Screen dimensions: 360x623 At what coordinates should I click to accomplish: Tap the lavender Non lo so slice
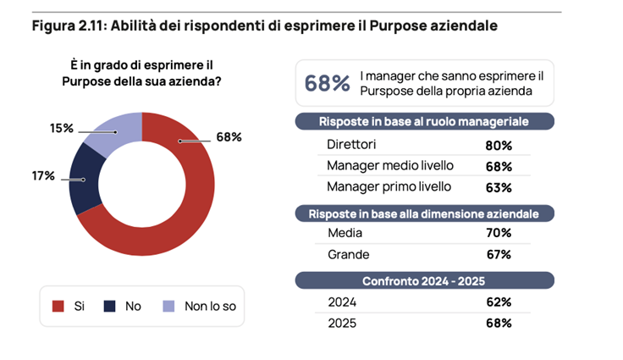pyautogui.click(x=114, y=131)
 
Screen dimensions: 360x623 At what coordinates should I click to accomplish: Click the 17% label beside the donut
pyautogui.click(x=43, y=176)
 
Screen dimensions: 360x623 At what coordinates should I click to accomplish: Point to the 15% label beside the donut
pyautogui.click(x=61, y=128)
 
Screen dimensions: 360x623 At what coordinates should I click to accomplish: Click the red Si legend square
pyautogui.click(x=58, y=306)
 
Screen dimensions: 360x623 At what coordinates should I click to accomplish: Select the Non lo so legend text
pyautogui.click(x=210, y=306)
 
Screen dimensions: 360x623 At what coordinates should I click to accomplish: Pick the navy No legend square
pyautogui.click(x=109, y=306)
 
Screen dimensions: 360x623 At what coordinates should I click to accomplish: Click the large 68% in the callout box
pyautogui.click(x=327, y=83)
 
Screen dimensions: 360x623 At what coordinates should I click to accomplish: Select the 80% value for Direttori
pyautogui.click(x=498, y=145)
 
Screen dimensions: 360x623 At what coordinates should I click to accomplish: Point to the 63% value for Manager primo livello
pyautogui.click(x=498, y=186)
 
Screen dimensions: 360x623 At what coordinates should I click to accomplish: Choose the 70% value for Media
pyautogui.click(x=498, y=233)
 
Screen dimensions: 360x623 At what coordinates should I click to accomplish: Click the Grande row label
pyautogui.click(x=348, y=254)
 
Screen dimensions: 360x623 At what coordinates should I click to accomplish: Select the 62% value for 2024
pyautogui.click(x=498, y=302)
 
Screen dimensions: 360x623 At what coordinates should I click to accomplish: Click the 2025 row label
pyautogui.click(x=342, y=323)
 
